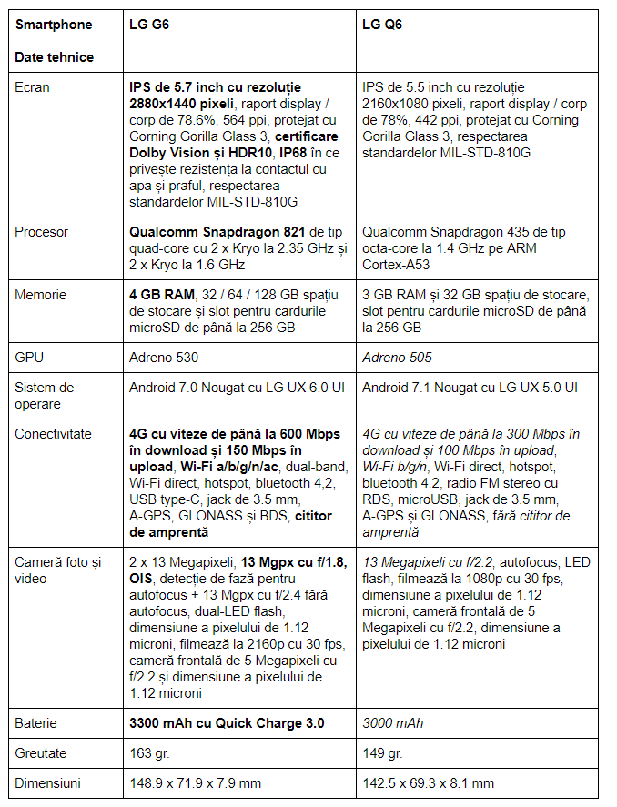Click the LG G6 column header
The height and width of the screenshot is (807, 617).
149,25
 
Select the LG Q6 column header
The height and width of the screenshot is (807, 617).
382,25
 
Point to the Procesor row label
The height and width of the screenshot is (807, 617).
41,232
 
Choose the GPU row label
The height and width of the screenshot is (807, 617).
28,358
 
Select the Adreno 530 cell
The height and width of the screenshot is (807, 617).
164,358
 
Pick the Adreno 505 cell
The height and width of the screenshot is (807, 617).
397,358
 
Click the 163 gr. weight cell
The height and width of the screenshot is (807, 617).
150,753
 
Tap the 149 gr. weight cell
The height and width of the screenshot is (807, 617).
382,753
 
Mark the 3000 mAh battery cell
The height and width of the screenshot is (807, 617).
392,723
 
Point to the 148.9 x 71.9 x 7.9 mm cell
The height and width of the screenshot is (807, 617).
195,782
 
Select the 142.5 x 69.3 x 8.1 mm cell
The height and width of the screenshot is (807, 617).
428,782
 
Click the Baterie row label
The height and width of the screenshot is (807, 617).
35,723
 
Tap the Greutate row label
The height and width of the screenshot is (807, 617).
42,753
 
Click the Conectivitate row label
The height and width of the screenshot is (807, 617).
53,434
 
